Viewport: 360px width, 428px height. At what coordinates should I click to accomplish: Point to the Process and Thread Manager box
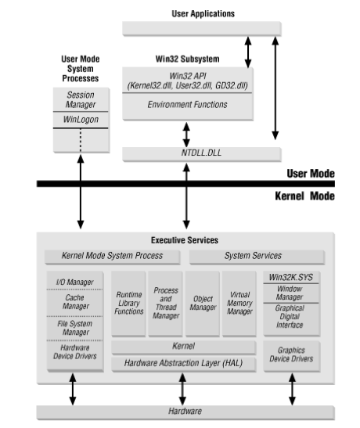click(x=166, y=302)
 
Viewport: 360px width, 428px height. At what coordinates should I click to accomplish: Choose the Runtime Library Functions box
click(x=128, y=302)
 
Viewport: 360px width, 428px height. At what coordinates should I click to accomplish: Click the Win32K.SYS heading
click(x=292, y=276)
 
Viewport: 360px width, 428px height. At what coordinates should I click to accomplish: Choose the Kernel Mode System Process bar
click(x=112, y=255)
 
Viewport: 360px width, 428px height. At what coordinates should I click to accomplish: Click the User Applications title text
click(x=202, y=14)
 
